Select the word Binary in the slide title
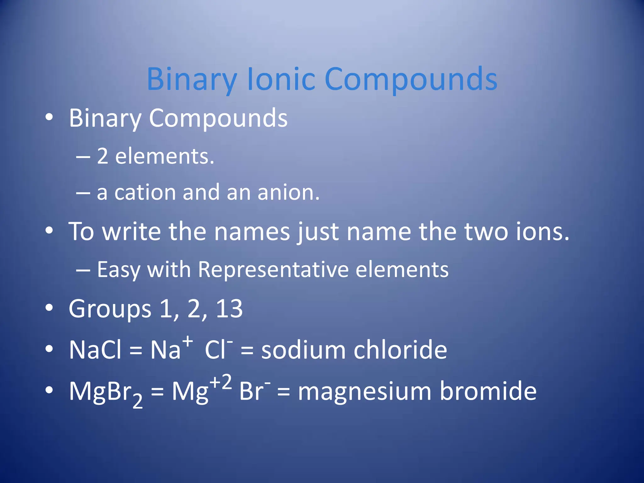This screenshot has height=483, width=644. point(192,79)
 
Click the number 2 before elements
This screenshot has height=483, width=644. point(103,156)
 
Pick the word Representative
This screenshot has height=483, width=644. point(273,269)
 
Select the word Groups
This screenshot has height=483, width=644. point(110,309)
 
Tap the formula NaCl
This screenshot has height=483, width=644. point(95,350)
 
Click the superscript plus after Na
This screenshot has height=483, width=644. point(188,341)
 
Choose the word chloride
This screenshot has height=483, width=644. point(400,350)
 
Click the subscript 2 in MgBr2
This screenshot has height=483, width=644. point(137,401)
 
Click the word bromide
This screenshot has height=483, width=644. point(488,391)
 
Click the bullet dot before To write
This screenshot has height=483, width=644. point(49,231)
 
